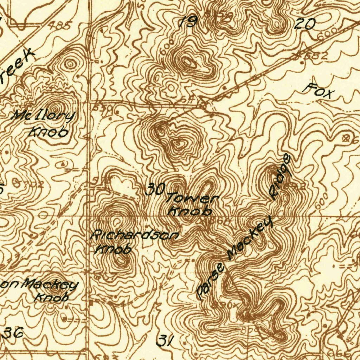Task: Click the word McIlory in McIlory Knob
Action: tap(44, 116)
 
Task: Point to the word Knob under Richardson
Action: tap(113, 249)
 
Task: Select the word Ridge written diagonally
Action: tap(280, 178)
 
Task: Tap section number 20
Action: tap(305, 24)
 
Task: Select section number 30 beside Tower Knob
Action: tap(155, 190)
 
